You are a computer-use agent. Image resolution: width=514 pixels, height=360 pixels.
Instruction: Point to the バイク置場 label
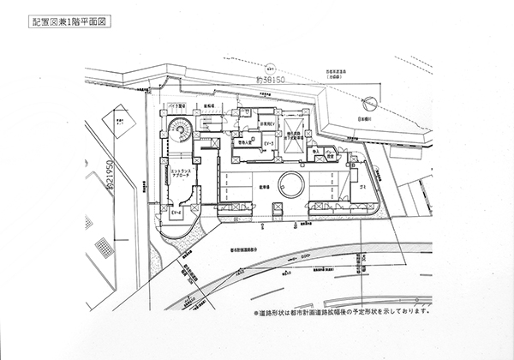[175, 110]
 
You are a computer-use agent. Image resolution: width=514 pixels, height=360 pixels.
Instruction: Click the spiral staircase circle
[181, 132]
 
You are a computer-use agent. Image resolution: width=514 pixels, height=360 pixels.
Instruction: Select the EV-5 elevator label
[268, 141]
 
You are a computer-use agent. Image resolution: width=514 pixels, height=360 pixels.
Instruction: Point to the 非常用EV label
[254, 124]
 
